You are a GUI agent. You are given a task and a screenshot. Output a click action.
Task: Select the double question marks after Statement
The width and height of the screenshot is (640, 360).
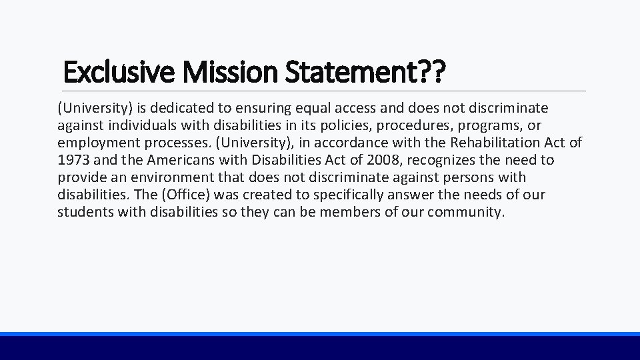click(x=430, y=71)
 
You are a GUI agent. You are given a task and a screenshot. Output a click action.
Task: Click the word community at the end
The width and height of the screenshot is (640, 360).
click(x=466, y=212)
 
